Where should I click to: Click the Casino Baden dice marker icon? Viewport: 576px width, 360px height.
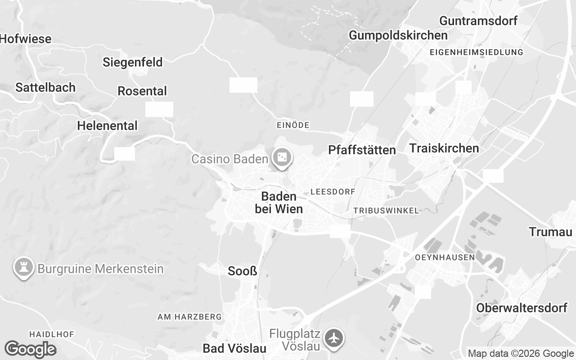coord(282,158)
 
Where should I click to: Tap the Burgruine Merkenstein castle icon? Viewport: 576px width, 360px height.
coord(23,267)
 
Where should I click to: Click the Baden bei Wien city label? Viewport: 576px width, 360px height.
coord(279,202)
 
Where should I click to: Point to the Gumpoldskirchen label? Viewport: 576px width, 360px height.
coord(398,35)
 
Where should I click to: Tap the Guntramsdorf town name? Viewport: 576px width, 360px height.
coord(478,21)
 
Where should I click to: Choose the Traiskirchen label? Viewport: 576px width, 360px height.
coord(444,148)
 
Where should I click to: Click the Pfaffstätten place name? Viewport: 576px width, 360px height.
coord(362,150)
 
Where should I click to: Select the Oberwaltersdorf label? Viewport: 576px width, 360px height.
coord(522,308)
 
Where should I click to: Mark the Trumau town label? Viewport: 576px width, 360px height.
coord(550,232)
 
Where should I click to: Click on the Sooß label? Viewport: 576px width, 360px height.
coord(243,271)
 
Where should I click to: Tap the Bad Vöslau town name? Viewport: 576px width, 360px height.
coord(234,348)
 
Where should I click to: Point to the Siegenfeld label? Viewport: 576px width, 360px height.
coord(132,62)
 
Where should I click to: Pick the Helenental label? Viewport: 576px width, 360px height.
coord(107,126)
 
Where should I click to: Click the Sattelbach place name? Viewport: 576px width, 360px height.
coord(45,87)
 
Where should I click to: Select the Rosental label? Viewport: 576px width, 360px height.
coord(142,91)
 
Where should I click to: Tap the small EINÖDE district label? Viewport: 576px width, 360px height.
coord(293,125)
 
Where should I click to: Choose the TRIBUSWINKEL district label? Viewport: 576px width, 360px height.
coord(386,211)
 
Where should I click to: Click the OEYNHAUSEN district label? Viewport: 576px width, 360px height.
coord(445,258)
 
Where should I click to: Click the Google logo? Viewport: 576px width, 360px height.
coord(30,350)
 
